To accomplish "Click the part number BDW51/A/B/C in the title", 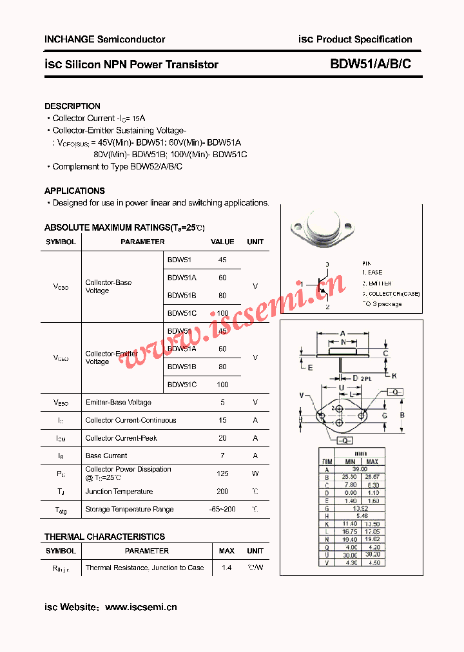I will coord(370,64).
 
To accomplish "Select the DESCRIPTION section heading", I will coord(72,106).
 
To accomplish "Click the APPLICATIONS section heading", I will coord(74,191).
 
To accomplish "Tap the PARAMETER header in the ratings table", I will coord(142,242).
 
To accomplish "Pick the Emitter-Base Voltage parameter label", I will coord(119,403).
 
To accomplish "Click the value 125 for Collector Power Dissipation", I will coord(222,474).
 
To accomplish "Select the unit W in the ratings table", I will coord(255,474).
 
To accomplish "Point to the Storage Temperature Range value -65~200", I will coord(222,510).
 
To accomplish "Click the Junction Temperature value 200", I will coord(222,492).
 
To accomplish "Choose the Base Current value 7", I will coord(222,455).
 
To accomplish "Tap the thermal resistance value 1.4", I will coord(226,568).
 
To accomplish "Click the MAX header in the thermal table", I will coord(226,551).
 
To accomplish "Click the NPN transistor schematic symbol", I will coord(320,285).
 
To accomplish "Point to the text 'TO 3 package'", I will coord(382,304).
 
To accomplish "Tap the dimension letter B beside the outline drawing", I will coord(402,415).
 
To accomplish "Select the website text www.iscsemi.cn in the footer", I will coord(140,607).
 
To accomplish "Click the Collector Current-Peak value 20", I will coord(222,438).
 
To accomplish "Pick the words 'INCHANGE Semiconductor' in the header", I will coord(104,39).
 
